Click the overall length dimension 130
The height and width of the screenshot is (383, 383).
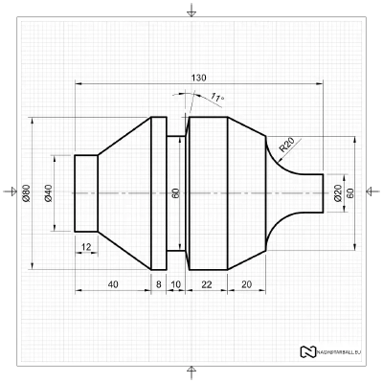tap(198, 78)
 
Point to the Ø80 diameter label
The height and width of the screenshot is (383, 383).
tap(26, 193)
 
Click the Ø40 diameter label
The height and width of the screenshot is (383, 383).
tap(48, 193)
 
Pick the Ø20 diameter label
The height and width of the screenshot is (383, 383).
tap(337, 193)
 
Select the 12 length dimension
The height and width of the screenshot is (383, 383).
tap(87, 247)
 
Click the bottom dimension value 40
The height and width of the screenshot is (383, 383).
tap(113, 284)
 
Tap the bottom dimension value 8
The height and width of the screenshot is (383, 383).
tap(159, 284)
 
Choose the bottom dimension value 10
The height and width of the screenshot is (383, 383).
tap(176, 284)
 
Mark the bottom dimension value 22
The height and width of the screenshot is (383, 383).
tap(207, 284)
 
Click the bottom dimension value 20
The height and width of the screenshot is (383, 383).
tap(246, 284)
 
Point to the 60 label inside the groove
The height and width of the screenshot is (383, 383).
tap(176, 193)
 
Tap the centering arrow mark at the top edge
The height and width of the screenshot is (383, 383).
tap(191, 11)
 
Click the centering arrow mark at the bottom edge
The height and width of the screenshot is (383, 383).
tap(191, 372)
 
